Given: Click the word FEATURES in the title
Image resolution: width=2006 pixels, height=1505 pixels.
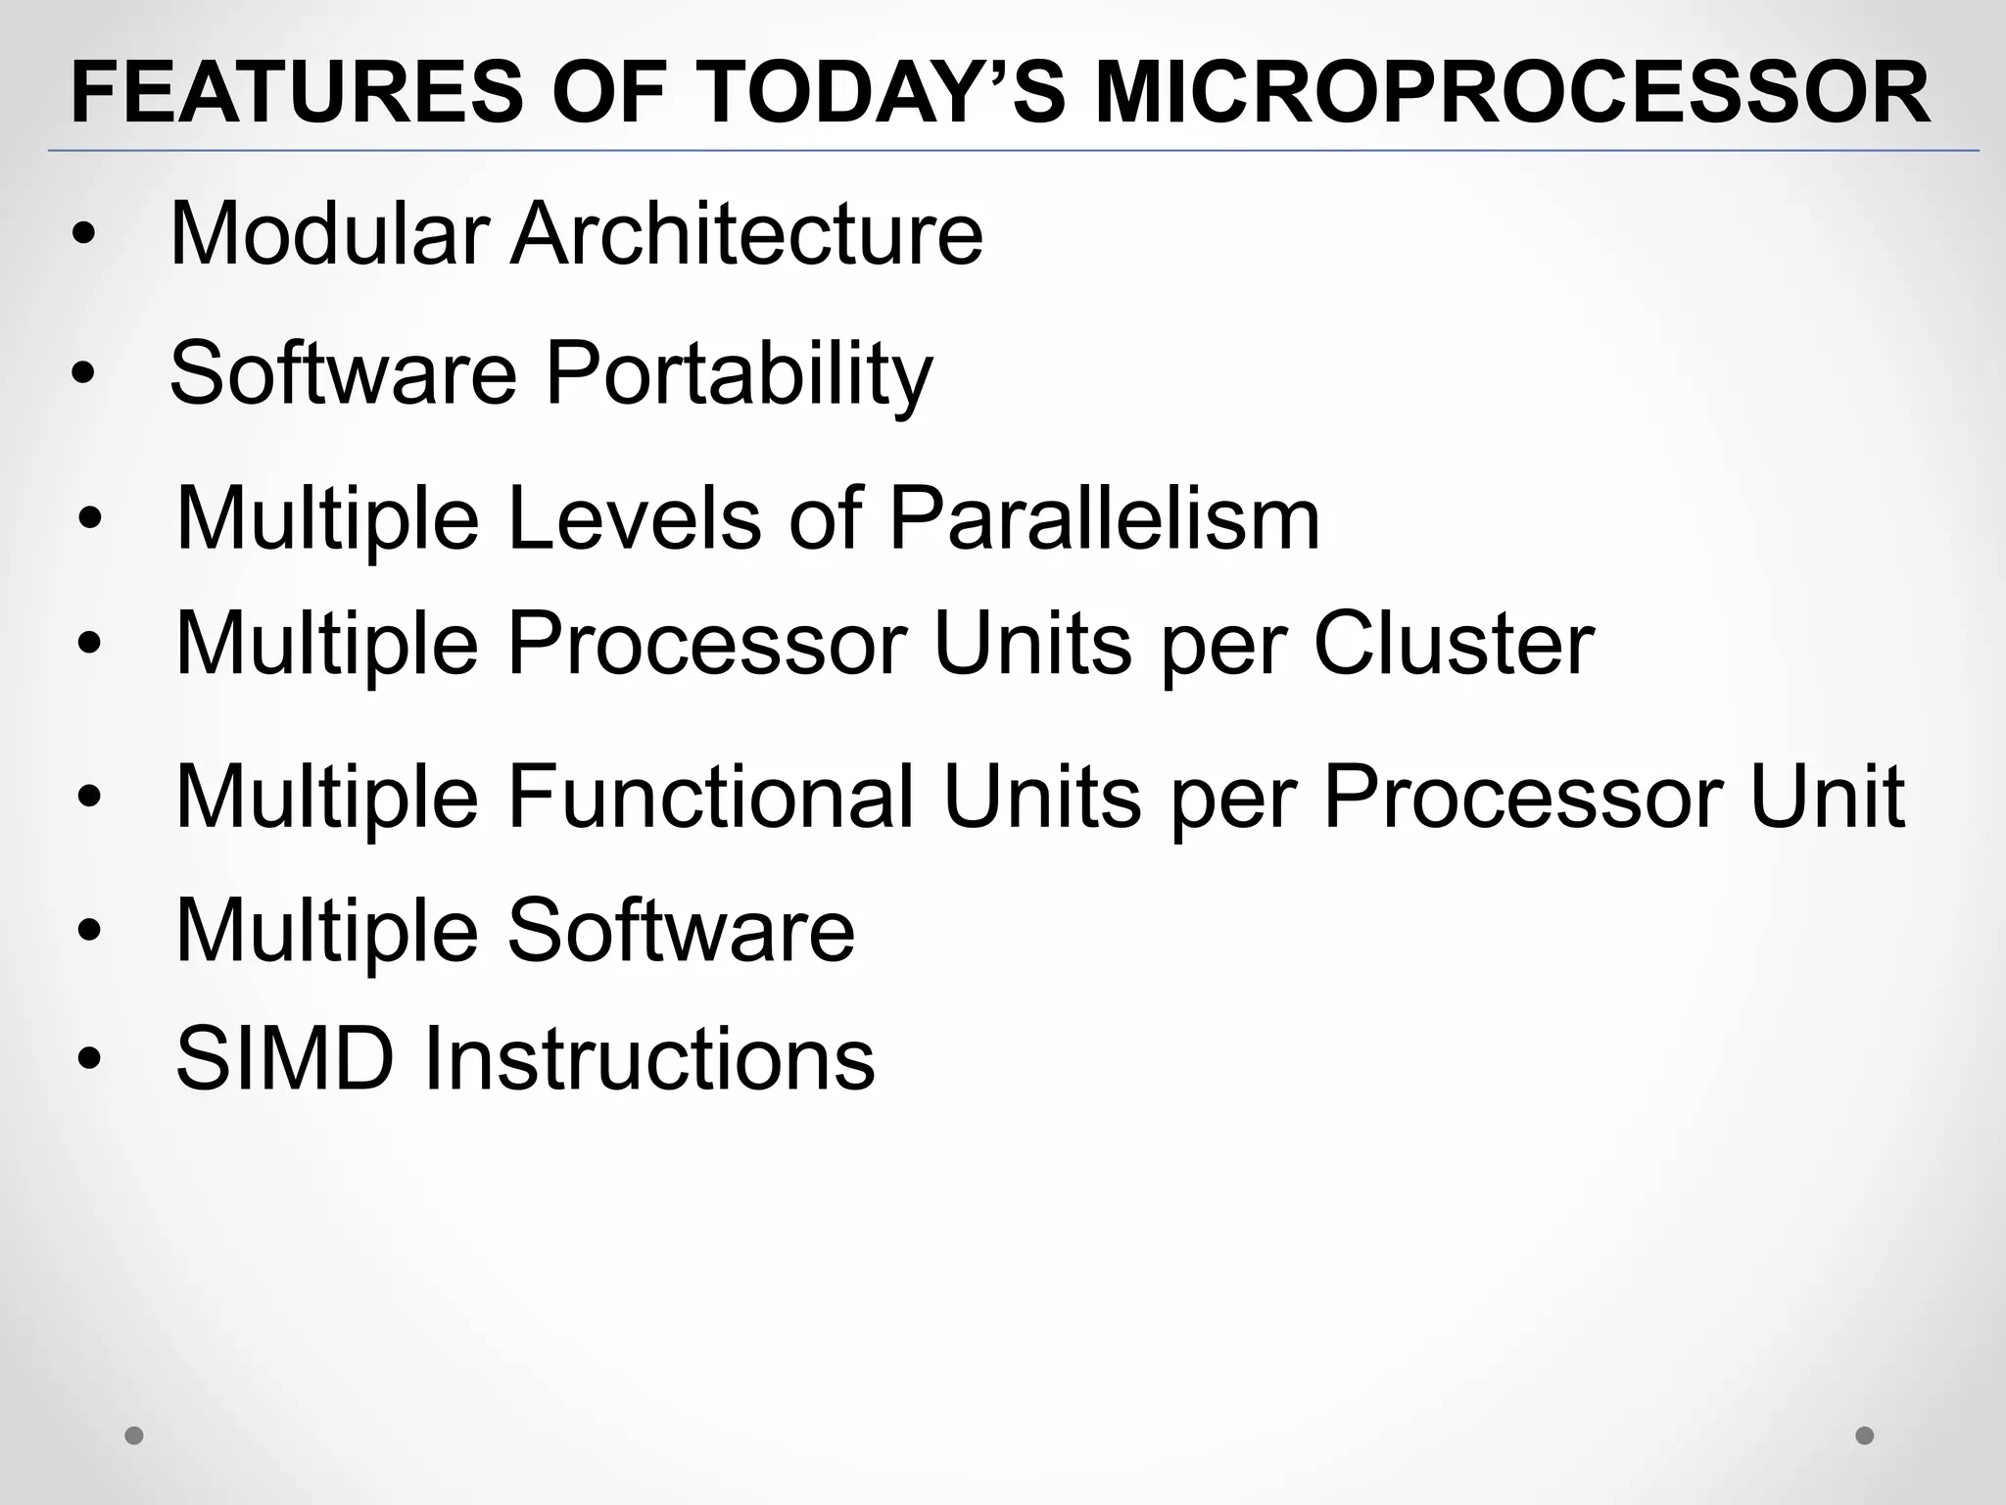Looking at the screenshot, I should pos(297,94).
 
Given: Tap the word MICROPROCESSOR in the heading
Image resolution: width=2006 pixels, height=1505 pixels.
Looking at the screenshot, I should pos(1512,94).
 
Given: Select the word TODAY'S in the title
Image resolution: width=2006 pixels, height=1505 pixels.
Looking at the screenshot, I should pos(888,94).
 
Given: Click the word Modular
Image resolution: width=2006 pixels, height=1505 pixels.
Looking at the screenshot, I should pos(329,234).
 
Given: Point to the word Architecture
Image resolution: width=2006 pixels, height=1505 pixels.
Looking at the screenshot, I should pos(746,234).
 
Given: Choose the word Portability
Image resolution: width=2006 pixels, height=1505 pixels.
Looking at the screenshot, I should pos(739,375).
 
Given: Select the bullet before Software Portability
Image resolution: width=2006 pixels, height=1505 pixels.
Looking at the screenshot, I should pos(84,375).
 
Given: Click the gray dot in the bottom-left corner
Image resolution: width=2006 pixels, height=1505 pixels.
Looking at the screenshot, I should pos(134,1435).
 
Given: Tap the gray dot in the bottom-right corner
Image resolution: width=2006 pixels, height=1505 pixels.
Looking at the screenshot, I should pos(1865,1435).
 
